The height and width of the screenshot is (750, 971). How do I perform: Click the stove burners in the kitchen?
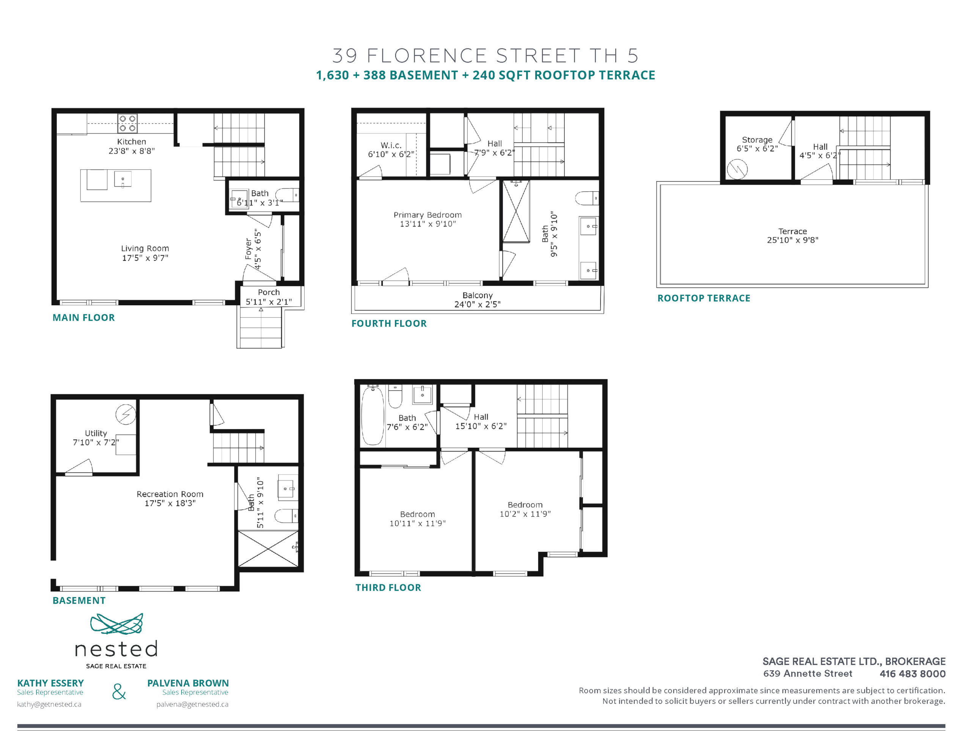[127, 123]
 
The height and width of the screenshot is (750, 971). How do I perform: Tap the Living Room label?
[145, 248]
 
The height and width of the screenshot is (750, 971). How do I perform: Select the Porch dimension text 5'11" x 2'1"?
[269, 302]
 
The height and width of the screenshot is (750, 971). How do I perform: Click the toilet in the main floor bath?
[287, 195]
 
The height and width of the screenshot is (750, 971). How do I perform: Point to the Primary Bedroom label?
[427, 215]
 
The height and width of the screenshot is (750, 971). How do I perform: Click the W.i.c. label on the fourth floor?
[391, 145]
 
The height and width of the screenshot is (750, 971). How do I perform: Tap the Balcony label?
[478, 295]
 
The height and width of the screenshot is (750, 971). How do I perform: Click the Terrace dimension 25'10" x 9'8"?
[792, 240]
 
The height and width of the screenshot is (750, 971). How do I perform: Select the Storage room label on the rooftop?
[757, 140]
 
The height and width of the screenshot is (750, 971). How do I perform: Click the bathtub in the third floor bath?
[372, 415]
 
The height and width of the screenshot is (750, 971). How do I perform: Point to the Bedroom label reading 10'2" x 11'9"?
[525, 505]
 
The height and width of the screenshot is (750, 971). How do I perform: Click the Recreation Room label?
[170, 494]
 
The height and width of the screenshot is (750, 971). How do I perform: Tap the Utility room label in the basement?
[96, 433]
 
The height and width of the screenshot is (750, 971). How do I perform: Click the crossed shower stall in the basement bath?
[268, 549]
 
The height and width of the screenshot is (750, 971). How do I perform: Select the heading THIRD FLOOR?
[388, 587]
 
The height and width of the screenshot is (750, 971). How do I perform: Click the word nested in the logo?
[116, 649]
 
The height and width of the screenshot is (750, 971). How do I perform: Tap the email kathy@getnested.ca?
[49, 704]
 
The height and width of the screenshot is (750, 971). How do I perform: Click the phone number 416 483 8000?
[912, 673]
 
